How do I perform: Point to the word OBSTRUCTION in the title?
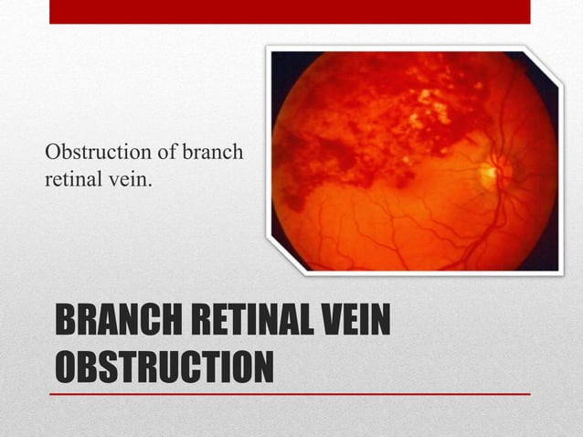(x=164, y=367)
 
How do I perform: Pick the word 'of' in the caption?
(x=166, y=152)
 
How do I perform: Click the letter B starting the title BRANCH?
(x=66, y=325)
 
